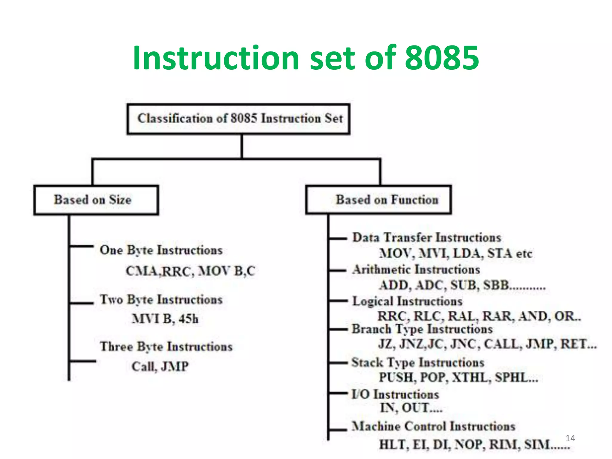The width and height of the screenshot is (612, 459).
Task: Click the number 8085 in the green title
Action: click(442, 58)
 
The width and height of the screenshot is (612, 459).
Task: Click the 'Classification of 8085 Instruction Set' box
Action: click(238, 119)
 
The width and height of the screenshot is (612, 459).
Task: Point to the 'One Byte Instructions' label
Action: click(161, 250)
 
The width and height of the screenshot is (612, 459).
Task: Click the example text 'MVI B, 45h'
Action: click(165, 319)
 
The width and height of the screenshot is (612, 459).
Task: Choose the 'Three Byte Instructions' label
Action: click(166, 347)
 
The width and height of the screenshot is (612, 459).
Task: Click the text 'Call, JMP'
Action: click(160, 367)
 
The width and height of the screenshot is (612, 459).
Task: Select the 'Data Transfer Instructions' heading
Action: click(427, 238)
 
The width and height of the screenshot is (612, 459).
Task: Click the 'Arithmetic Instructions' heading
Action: click(416, 270)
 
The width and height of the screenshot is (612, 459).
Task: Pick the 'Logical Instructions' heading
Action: click(407, 301)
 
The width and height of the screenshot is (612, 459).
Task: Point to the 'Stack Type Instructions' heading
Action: click(418, 362)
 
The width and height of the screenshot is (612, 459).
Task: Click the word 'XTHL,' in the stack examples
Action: click(471, 377)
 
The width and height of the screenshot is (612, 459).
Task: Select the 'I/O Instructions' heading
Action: click(395, 394)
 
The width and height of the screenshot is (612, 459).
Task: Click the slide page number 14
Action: click(570, 438)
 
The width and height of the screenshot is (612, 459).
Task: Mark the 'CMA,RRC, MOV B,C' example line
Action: click(190, 271)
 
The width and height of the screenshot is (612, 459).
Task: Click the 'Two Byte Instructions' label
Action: click(161, 300)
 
